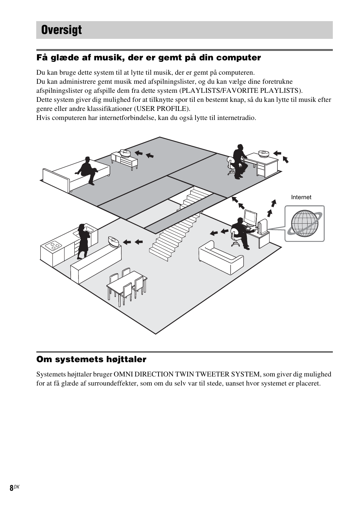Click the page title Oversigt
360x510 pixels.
[x=62, y=30]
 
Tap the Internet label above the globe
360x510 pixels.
[x=301, y=197]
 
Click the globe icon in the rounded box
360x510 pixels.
[x=304, y=223]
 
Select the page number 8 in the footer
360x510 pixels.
[x=11, y=488]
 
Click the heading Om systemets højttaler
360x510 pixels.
[x=91, y=359]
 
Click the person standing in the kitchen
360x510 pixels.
[x=83, y=241]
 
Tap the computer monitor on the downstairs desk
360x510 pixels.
[x=250, y=218]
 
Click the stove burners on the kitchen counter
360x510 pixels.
[x=53, y=246]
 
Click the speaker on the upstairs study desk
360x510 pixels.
[x=263, y=154]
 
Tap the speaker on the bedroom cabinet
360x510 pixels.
[x=125, y=153]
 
